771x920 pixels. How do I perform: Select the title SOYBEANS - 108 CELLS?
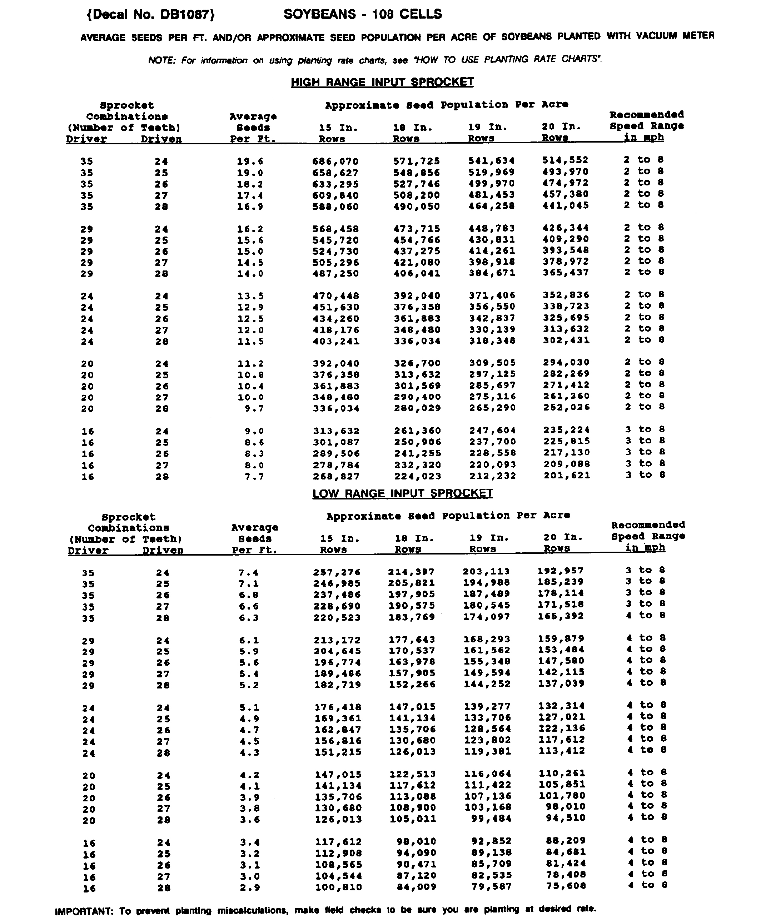coord(363,14)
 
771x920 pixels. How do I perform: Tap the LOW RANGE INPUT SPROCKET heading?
coord(402,493)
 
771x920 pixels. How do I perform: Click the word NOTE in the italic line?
coord(161,60)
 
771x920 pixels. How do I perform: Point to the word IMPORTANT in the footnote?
coord(84,911)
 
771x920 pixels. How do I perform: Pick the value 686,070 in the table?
coord(335,161)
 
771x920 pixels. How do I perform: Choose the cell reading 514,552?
coord(565,160)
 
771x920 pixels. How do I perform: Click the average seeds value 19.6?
coord(250,161)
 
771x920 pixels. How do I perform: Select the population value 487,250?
coord(335,274)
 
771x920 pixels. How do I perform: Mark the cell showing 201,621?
coord(567,475)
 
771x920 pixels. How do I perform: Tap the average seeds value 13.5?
coord(250,296)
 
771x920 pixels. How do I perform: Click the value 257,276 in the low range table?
coord(337,572)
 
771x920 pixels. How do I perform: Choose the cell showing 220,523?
coord(337,617)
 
